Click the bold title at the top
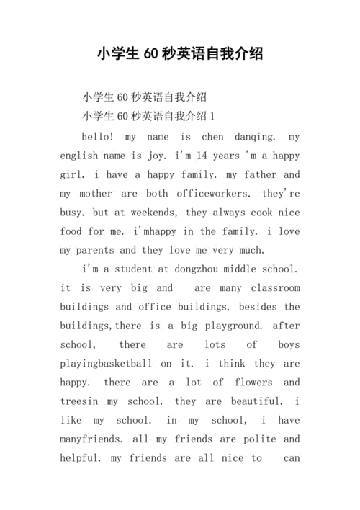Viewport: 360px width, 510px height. [x=180, y=53]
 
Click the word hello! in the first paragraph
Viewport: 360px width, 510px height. [x=98, y=136]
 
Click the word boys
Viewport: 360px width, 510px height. [x=288, y=345]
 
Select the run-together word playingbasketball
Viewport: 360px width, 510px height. [x=106, y=364]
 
